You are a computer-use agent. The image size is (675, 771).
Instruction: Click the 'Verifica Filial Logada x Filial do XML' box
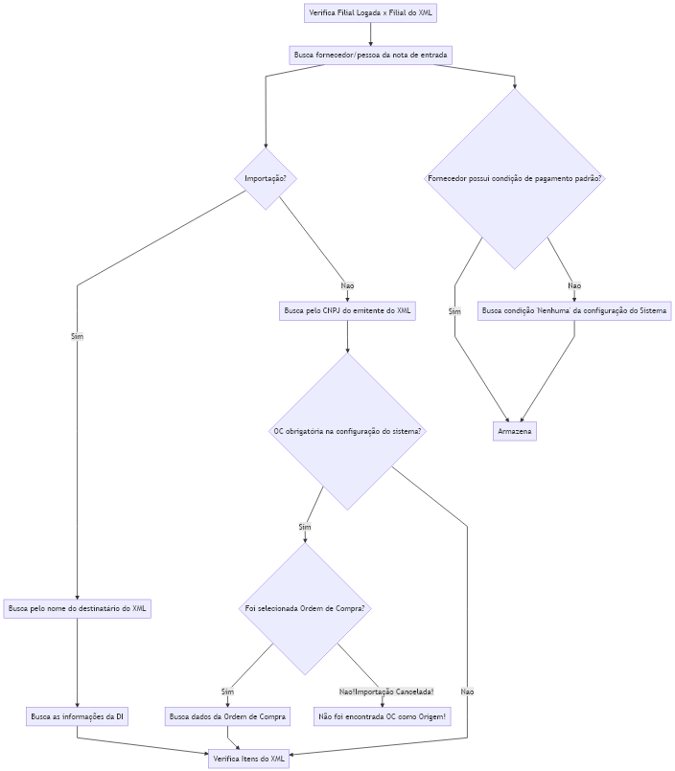pyautogui.click(x=370, y=12)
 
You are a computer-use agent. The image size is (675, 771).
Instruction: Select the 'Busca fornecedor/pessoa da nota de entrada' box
pyautogui.click(x=370, y=56)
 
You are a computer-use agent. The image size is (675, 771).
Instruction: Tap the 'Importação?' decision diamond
pyautogui.click(x=266, y=178)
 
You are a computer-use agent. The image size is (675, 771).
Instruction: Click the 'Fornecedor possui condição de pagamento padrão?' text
pyautogui.click(x=515, y=178)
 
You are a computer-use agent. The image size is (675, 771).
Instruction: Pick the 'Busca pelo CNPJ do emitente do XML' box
pyautogui.click(x=347, y=310)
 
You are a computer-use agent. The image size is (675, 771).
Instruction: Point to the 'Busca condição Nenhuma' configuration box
pyautogui.click(x=574, y=310)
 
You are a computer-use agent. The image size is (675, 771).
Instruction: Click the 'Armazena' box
pyautogui.click(x=515, y=431)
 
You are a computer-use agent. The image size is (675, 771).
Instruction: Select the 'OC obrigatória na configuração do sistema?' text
pyautogui.click(x=347, y=431)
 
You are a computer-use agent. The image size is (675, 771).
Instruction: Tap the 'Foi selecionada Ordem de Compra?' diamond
pyautogui.click(x=305, y=608)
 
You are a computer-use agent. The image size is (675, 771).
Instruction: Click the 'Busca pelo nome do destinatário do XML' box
pyautogui.click(x=78, y=609)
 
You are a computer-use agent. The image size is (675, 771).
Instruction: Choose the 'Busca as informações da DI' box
pyautogui.click(x=78, y=717)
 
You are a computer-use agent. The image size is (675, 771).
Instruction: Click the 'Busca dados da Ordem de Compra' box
pyautogui.click(x=227, y=717)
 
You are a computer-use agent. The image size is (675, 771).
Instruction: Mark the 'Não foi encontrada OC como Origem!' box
pyautogui.click(x=382, y=717)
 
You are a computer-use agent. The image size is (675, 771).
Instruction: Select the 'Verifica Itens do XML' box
pyautogui.click(x=248, y=759)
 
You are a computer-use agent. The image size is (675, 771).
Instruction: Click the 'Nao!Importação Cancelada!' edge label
pyautogui.click(x=386, y=692)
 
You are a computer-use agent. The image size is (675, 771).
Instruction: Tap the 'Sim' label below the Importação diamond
pyautogui.click(x=78, y=336)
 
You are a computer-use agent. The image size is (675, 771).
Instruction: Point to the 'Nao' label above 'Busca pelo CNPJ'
pyautogui.click(x=348, y=285)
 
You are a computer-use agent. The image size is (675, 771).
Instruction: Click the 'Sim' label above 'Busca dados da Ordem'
pyautogui.click(x=227, y=692)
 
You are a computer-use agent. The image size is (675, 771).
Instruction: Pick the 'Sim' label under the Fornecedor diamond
pyautogui.click(x=454, y=311)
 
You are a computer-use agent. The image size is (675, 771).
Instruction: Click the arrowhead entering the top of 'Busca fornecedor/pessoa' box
pyautogui.click(x=371, y=44)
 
